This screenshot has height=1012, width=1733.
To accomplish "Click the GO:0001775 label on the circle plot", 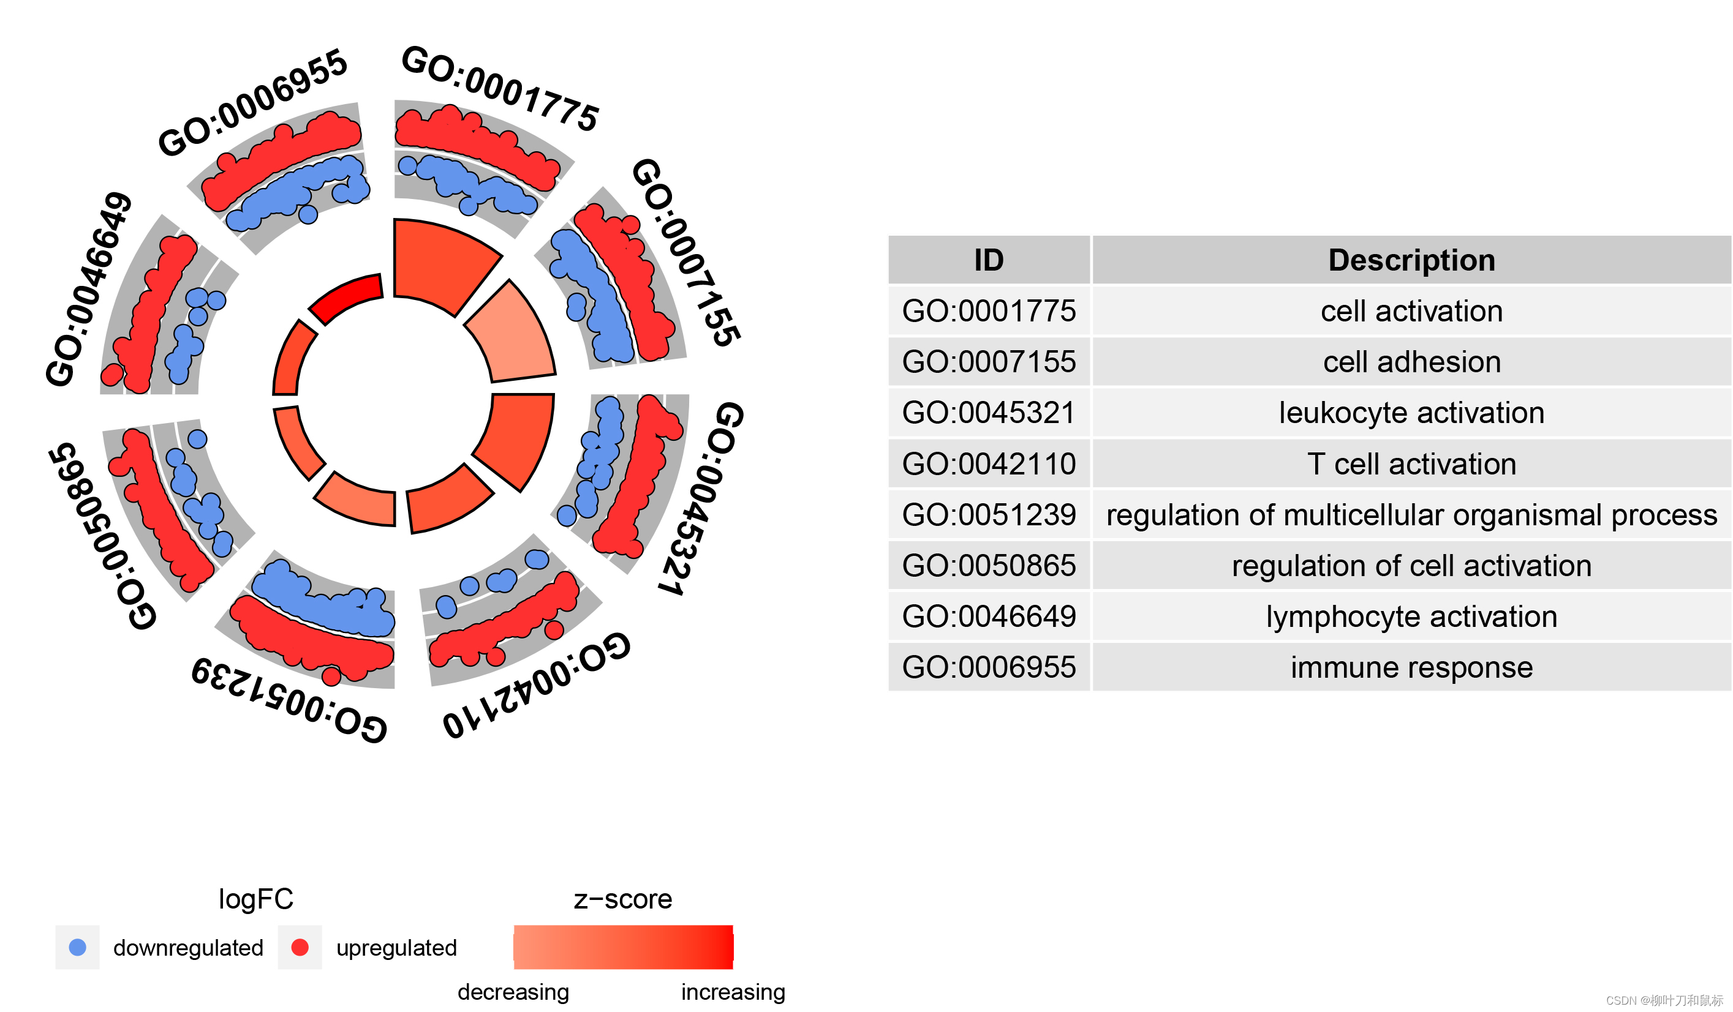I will [x=500, y=88].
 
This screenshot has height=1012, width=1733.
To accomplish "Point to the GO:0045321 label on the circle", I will [x=702, y=498].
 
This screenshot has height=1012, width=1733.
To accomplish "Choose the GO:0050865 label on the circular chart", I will [x=102, y=536].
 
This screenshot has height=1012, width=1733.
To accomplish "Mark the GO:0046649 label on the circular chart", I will [x=88, y=289].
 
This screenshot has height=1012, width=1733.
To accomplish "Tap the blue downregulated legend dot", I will [x=78, y=947].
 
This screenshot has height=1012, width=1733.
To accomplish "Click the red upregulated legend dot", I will [x=300, y=947].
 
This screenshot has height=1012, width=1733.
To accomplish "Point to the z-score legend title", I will [x=622, y=899].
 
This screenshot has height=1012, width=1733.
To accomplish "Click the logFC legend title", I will [x=256, y=899].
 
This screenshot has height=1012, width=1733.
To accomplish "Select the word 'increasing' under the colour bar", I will [x=733, y=992].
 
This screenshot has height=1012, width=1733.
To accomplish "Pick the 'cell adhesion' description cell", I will [x=1411, y=362].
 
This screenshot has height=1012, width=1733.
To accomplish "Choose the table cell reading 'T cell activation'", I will [x=1411, y=464].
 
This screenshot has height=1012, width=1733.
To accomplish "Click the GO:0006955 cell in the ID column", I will [x=988, y=667].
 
